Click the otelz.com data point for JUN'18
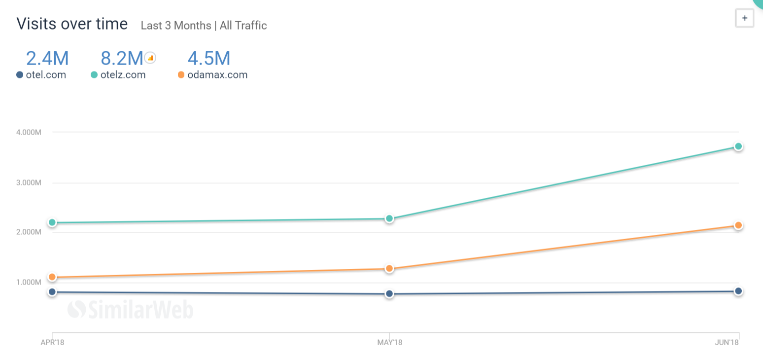[x=738, y=146]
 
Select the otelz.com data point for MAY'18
[x=389, y=218]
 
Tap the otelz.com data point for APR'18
[x=52, y=222]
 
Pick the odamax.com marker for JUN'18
[x=738, y=225]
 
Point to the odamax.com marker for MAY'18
[x=389, y=269]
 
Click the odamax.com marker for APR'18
[x=52, y=277]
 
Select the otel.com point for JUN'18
[x=738, y=291]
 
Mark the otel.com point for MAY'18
[x=389, y=294]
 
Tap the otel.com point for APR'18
[x=52, y=292]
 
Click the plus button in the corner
[x=744, y=18]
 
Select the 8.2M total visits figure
[x=122, y=58]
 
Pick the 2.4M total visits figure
[x=47, y=58]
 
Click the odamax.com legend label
[x=217, y=75]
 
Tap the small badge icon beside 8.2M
[x=150, y=58]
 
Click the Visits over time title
[x=72, y=24]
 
